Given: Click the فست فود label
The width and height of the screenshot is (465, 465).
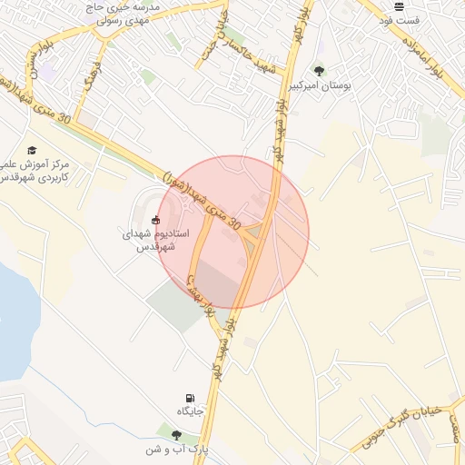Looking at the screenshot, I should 399,20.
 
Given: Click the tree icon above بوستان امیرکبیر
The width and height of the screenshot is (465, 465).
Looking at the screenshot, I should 318,70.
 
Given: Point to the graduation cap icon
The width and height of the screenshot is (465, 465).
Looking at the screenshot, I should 33,150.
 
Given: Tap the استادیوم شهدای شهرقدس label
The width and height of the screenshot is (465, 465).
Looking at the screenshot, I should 156,240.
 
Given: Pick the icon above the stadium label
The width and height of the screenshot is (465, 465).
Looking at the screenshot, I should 156,219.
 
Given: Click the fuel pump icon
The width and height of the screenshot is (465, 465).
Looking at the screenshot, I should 189,398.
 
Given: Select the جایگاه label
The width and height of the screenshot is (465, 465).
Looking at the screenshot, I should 190,411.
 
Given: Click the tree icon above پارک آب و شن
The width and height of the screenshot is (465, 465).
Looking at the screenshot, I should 176,435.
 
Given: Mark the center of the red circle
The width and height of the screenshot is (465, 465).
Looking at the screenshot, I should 232,232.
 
